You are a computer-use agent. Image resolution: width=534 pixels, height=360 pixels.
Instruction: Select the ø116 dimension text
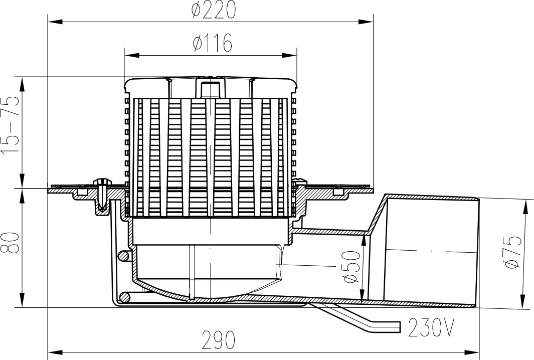[213, 44]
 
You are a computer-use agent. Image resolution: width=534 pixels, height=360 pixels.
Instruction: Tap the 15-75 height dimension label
[11, 125]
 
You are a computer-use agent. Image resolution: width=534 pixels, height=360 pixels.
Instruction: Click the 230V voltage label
[431, 328]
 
